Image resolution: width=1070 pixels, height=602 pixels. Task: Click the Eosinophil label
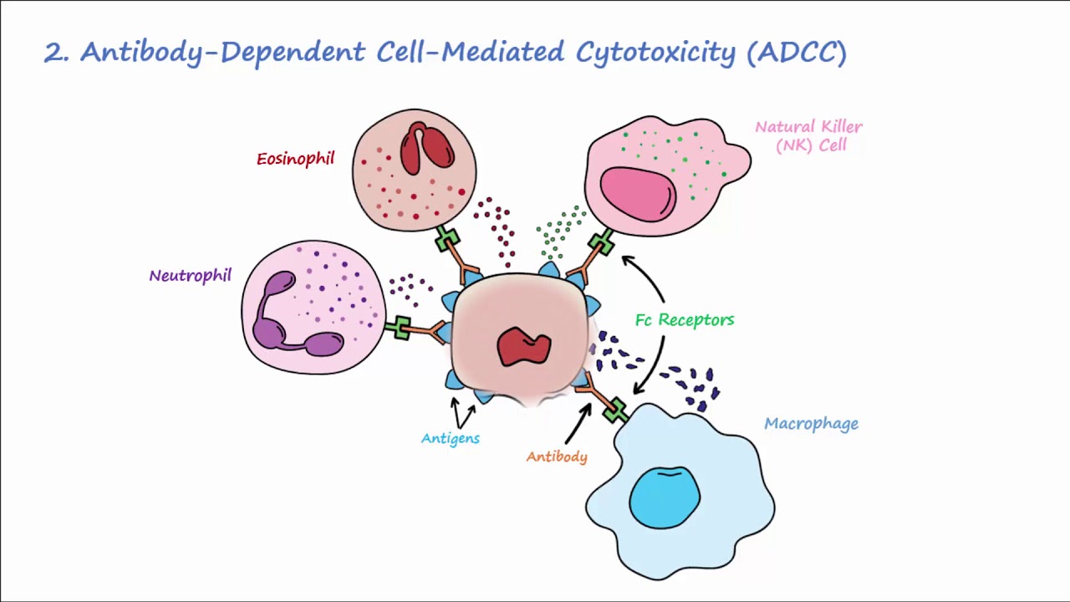[x=296, y=159]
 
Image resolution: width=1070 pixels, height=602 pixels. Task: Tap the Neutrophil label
[x=190, y=276]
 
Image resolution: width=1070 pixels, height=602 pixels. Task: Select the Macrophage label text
[x=811, y=424]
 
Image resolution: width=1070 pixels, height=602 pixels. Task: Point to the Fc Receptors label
[x=685, y=319]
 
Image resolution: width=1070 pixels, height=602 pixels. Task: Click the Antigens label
[x=450, y=438]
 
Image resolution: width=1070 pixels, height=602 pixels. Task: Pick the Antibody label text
[x=557, y=457]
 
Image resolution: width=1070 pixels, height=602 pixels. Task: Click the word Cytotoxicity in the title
[x=655, y=53]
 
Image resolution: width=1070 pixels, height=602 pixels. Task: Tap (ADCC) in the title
[x=797, y=53]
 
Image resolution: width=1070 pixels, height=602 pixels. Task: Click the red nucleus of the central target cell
[x=524, y=346]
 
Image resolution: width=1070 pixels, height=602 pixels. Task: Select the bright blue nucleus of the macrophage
[x=665, y=497]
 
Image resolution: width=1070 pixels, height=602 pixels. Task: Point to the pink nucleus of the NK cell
[x=638, y=193]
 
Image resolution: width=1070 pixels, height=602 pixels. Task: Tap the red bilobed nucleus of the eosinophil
[x=426, y=148]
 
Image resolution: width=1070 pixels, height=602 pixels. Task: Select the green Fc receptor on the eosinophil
[x=447, y=239]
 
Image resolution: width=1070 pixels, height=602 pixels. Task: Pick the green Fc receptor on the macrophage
[x=615, y=411]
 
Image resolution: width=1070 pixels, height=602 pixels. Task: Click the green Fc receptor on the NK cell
[x=601, y=242]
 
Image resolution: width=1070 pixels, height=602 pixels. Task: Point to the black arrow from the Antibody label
[x=578, y=424]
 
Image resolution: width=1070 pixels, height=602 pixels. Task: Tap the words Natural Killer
[x=808, y=127]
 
